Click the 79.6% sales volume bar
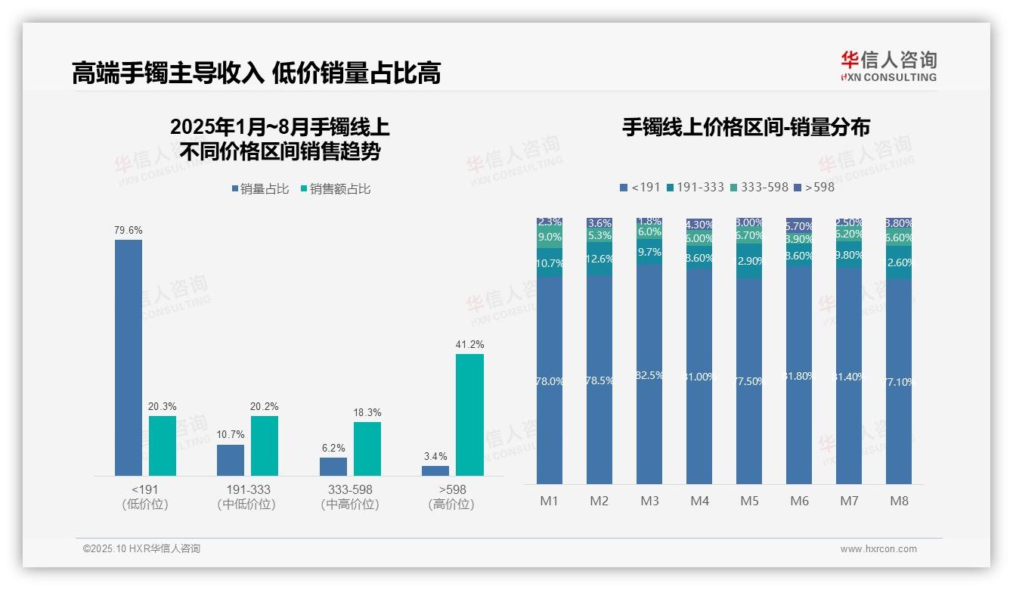(128, 357)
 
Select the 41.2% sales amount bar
(469, 415)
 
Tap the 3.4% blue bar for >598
(435, 470)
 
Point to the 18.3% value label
(367, 413)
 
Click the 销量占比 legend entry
(260, 189)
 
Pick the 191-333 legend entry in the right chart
(695, 187)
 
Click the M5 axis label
(749, 501)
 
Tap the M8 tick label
(899, 501)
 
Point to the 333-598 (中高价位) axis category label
(349, 497)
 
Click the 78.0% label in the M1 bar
(550, 381)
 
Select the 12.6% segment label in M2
(599, 259)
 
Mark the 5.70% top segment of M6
(799, 225)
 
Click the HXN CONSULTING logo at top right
(888, 66)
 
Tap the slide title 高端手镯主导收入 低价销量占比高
(256, 73)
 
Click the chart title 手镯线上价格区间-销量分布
(745, 127)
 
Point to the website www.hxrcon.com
(878, 549)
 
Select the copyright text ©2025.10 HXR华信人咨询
(141, 549)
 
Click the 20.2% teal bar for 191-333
(265, 446)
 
